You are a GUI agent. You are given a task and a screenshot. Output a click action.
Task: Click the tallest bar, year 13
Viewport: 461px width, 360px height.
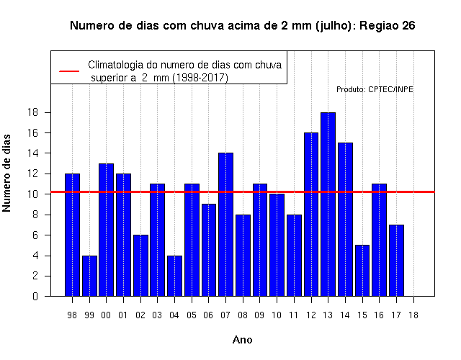tap(328, 204)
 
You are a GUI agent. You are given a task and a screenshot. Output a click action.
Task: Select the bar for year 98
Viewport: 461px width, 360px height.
tap(72, 235)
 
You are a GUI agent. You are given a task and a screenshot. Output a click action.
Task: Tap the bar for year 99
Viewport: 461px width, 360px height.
tap(89, 276)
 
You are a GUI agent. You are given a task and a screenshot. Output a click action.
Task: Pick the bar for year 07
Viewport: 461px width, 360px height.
tap(225, 225)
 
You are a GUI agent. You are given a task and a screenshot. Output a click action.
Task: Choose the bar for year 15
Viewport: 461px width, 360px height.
tap(362, 271)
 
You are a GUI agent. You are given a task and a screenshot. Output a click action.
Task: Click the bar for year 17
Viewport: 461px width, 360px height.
tap(396, 261)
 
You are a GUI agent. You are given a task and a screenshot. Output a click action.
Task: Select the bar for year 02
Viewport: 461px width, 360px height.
tap(140, 266)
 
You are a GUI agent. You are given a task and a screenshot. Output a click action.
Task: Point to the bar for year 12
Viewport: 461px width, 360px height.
tap(311, 215)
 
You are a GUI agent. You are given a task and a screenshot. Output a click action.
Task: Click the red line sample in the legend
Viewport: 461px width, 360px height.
tap(69, 71)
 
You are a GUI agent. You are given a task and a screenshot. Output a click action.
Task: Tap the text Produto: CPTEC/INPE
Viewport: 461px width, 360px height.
tap(375, 89)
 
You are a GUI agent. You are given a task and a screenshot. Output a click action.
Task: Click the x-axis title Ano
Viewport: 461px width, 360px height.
tap(242, 340)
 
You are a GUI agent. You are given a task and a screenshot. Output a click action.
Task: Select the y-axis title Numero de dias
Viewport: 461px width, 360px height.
tap(6, 173)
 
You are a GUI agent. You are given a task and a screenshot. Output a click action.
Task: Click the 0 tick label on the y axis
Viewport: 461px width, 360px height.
tap(35, 296)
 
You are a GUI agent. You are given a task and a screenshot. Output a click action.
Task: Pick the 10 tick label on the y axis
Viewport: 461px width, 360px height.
tap(33, 194)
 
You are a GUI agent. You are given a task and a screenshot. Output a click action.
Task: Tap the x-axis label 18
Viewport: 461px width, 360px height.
tap(413, 315)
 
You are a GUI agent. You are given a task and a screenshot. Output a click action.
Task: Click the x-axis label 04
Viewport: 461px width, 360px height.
tap(174, 315)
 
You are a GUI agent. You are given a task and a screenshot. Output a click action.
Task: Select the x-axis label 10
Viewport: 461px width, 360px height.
tap(277, 315)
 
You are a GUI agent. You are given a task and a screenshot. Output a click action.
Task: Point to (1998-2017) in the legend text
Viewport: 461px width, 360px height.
tap(200, 78)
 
